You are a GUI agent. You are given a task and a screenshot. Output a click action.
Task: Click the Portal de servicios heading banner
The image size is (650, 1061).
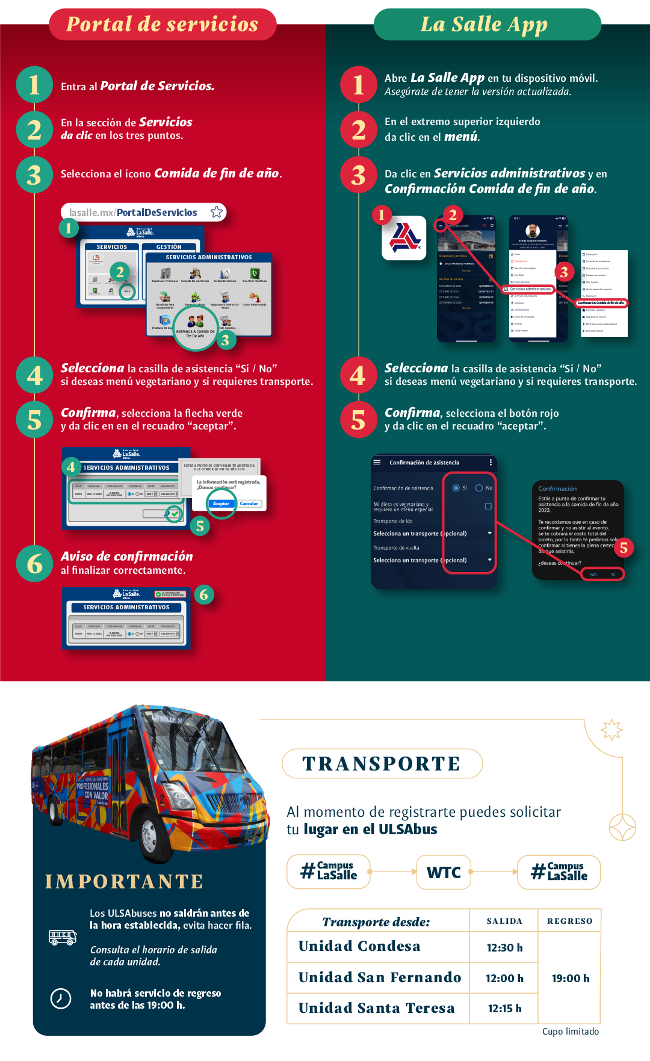click(162, 25)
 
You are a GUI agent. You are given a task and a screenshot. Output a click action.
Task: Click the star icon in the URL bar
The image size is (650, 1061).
click(217, 212)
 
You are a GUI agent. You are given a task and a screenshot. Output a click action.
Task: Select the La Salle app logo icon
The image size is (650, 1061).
click(404, 238)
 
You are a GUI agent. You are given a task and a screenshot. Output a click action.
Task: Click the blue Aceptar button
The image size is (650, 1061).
click(221, 503)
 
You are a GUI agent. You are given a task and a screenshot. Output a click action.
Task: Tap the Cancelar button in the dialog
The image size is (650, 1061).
click(249, 503)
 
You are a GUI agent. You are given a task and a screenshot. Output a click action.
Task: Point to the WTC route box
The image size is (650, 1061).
click(444, 872)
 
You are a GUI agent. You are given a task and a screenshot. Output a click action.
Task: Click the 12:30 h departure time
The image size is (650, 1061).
click(504, 947)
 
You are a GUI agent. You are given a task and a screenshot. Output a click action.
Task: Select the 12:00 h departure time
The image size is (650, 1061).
click(504, 978)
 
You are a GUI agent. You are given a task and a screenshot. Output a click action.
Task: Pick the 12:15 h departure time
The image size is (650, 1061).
click(504, 1008)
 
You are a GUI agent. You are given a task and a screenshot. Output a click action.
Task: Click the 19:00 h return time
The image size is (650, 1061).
click(570, 978)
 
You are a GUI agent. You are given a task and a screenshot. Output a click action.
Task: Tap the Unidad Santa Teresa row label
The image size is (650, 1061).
click(376, 1008)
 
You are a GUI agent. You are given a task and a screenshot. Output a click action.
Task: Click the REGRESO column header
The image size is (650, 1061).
click(569, 921)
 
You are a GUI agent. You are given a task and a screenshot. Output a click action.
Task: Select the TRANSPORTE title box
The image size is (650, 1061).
click(382, 763)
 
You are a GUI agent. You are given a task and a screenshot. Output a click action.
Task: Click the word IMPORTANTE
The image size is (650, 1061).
click(124, 881)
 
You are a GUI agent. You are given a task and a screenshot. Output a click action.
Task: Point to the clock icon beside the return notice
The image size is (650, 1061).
click(60, 998)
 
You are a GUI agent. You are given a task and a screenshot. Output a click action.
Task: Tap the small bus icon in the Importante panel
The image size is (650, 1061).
click(63, 937)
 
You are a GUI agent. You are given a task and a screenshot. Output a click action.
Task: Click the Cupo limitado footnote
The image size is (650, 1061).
click(570, 1031)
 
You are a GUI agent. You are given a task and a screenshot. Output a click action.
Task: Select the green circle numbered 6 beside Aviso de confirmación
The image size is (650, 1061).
click(35, 564)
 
